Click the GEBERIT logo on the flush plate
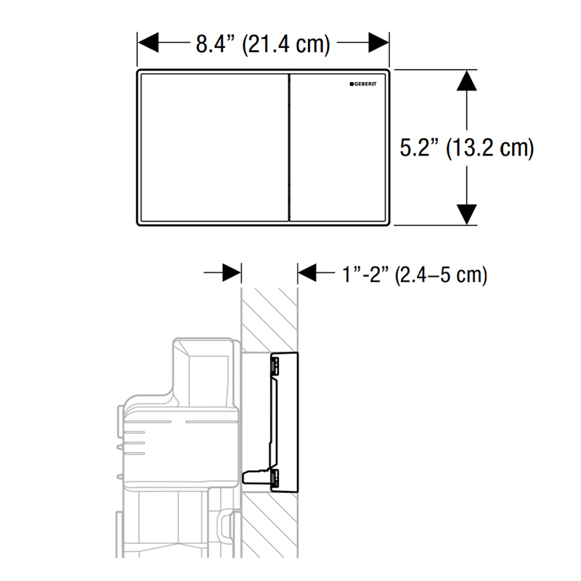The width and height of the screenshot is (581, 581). [x=362, y=84]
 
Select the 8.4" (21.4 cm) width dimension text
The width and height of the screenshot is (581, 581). [x=263, y=44]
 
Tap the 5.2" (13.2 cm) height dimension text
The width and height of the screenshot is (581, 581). [x=466, y=148]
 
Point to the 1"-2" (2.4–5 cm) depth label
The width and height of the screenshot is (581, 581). [x=414, y=275]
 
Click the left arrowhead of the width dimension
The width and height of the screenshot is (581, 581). [x=148, y=42]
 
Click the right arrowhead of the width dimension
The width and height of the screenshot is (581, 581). [x=378, y=42]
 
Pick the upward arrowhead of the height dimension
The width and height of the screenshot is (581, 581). [x=466, y=81]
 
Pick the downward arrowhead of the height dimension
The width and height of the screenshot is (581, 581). [x=466, y=214]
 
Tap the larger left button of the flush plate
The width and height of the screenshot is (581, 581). [x=214, y=147]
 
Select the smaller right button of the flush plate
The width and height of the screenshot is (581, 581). [x=338, y=147]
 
